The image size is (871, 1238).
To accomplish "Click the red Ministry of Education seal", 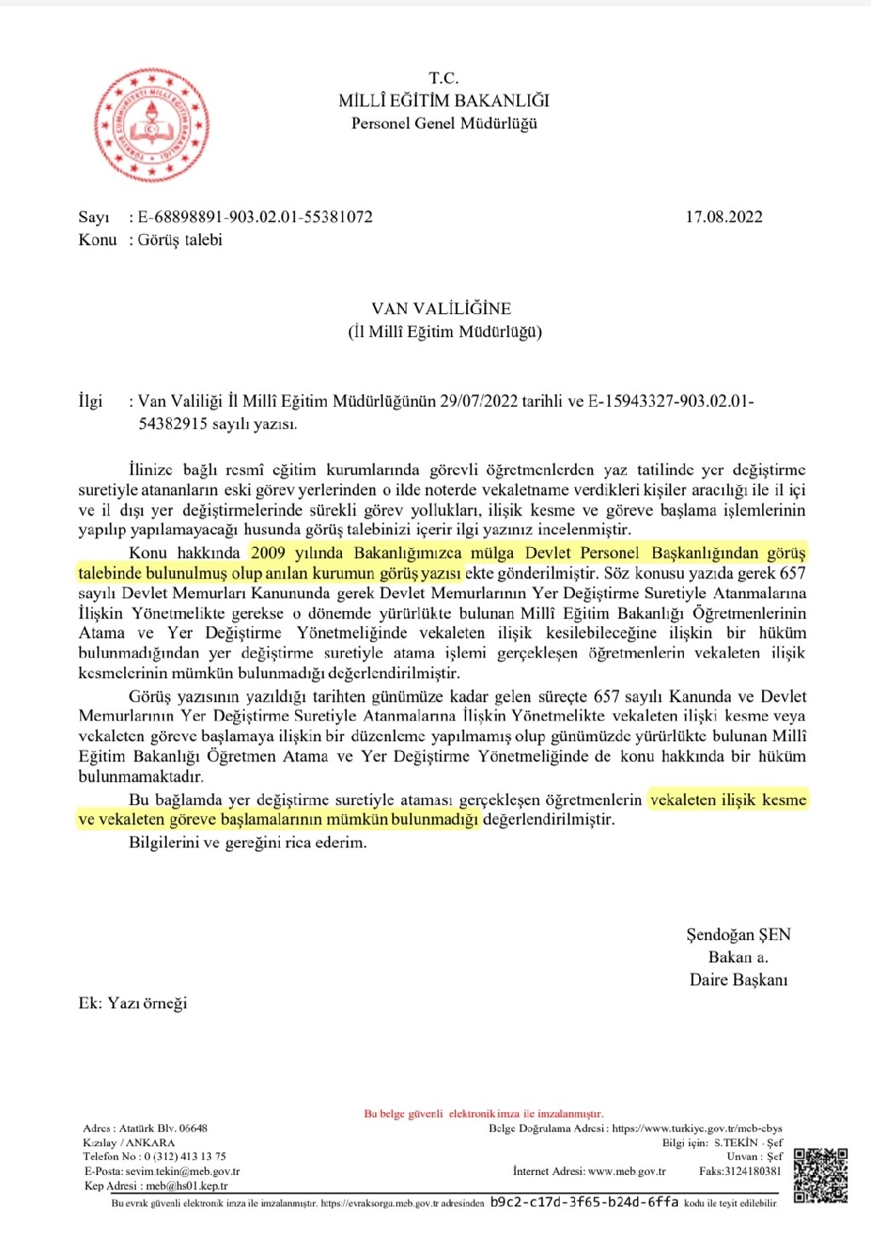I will point(151,126).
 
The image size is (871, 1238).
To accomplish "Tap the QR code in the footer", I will point(821,1175).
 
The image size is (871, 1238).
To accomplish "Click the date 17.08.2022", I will point(724,217).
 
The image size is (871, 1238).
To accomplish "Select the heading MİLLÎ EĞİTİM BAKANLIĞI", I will point(443,100).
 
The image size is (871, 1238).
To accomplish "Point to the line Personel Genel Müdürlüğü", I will point(444,123).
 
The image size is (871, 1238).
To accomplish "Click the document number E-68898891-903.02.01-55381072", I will point(255,217).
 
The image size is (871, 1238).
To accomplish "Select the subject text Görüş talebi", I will point(180,240).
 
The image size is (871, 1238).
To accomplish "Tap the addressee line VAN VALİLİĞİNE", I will point(441,308).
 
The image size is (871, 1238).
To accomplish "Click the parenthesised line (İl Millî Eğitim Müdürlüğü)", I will point(444,331).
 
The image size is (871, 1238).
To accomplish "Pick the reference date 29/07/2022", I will point(479,401).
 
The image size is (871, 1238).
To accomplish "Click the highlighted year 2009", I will point(269,553).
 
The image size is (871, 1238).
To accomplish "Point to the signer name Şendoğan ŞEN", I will point(738,934).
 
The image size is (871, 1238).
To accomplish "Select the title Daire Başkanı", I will point(738,979).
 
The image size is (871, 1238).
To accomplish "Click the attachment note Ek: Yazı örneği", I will point(133,1003).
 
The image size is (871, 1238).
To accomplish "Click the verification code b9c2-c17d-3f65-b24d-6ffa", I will point(584,1202).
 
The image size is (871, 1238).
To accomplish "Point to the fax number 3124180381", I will point(752,1171).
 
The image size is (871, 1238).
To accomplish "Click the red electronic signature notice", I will point(483,1114).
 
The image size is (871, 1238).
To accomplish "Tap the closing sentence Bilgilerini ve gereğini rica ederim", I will point(248,843).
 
